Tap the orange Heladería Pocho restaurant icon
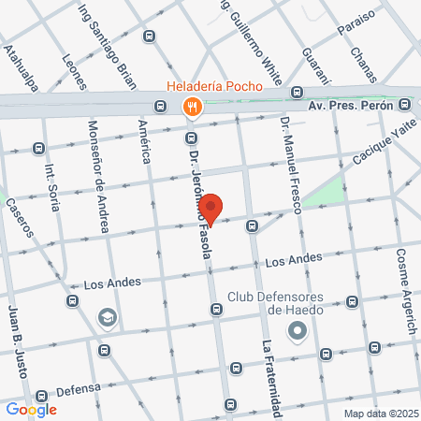tap(191, 107)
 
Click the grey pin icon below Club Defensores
tap(298, 330)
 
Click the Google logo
tap(31, 409)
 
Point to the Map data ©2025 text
tap(381, 413)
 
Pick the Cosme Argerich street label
tap(404, 281)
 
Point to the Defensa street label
tap(77, 390)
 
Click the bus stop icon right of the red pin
tap(252, 225)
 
